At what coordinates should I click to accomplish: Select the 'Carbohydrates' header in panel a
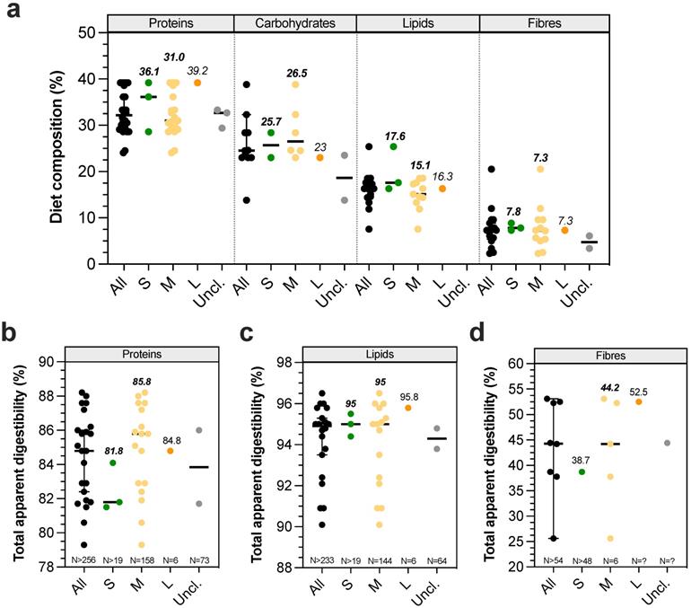(294, 21)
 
